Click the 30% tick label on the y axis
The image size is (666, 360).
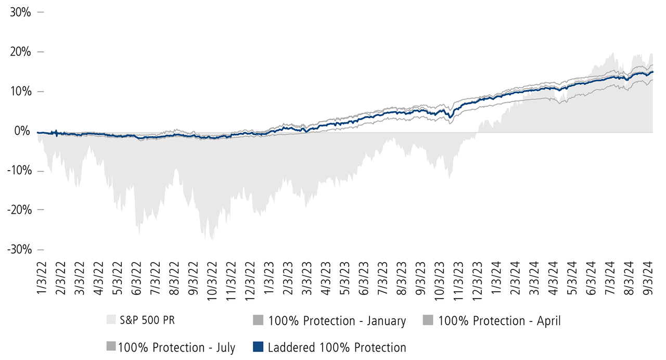pyautogui.click(x=21, y=12)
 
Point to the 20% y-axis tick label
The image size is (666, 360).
pyautogui.click(x=21, y=52)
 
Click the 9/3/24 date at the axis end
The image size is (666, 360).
pyautogui.click(x=648, y=278)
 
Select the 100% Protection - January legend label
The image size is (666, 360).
pyautogui.click(x=337, y=321)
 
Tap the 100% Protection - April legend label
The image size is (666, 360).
pyautogui.click(x=499, y=321)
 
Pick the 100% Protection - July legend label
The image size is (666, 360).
pyautogui.click(x=176, y=347)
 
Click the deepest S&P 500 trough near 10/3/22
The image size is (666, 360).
pyautogui.click(x=212, y=239)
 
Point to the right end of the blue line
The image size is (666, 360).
pyautogui.click(x=653, y=72)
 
